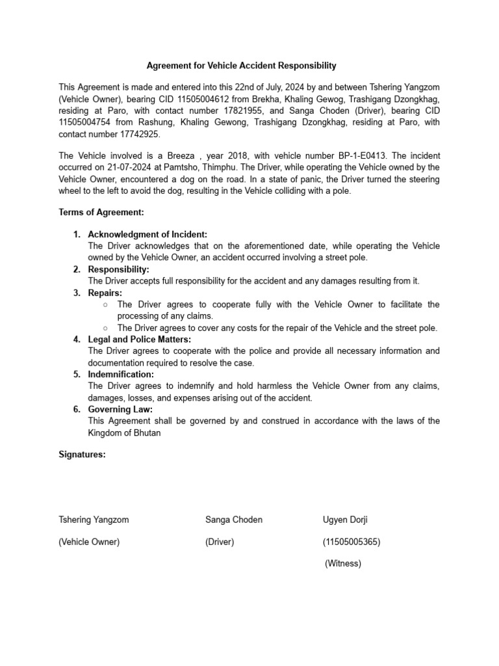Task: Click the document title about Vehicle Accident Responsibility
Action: tap(241, 66)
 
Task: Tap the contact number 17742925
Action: tap(136, 135)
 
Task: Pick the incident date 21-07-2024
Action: tap(123, 167)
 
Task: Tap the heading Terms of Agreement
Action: tap(101, 213)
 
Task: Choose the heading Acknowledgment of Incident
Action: tap(147, 234)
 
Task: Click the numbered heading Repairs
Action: tap(105, 293)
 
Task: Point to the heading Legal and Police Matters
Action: tap(139, 340)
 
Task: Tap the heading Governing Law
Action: tap(120, 410)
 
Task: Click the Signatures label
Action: tap(82, 455)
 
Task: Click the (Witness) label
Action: tap(342, 564)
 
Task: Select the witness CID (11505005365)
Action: tap(352, 542)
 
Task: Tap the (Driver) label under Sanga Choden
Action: tap(220, 542)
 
